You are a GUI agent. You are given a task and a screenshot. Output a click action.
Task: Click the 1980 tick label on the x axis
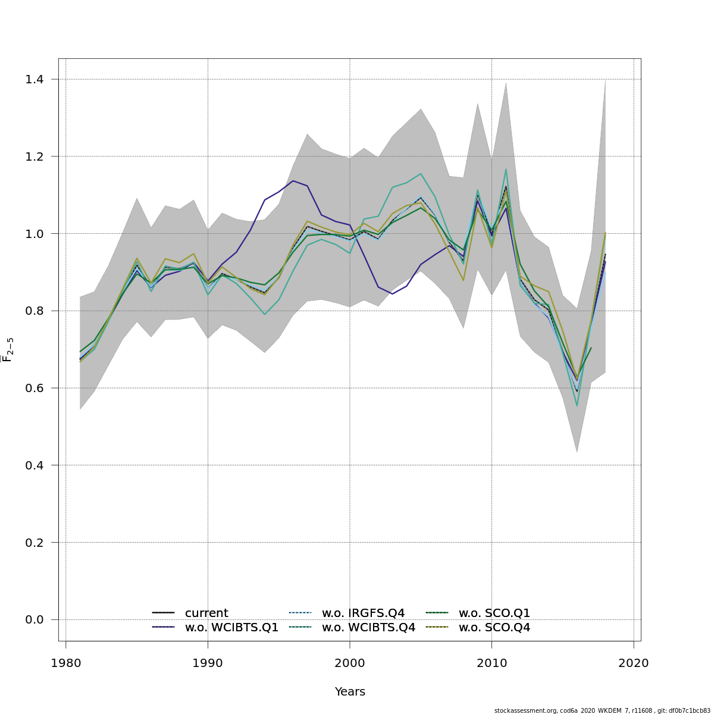[x=65, y=663]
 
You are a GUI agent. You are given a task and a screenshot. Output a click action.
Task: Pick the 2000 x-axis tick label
[x=350, y=663]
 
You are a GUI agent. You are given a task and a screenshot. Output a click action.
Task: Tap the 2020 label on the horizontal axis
[x=634, y=663]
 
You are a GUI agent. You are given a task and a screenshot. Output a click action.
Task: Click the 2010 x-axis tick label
[x=491, y=663]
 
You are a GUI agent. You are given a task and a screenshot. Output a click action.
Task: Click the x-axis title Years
[x=350, y=691]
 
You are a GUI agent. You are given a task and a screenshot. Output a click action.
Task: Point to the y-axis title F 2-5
[x=8, y=350]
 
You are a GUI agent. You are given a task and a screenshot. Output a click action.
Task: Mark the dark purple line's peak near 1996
[x=293, y=180]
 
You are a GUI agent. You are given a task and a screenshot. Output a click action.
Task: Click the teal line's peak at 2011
[x=506, y=169]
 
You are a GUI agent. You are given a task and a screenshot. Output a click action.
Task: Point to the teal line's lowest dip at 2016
[x=577, y=406]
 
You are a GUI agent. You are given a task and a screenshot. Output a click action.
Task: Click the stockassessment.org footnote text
[x=602, y=710]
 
